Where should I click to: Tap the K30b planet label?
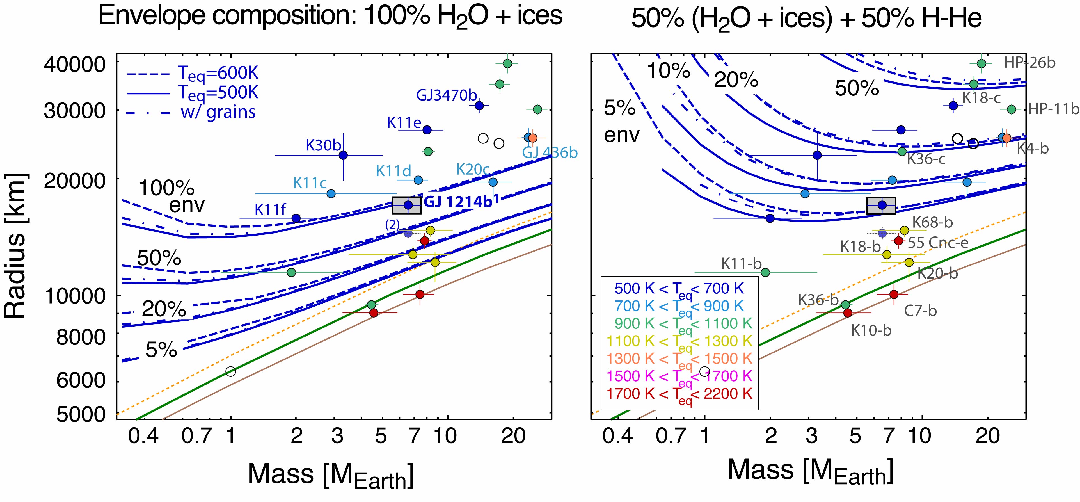(323, 145)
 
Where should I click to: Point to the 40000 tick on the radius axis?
(75, 64)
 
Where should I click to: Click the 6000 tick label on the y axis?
(81, 380)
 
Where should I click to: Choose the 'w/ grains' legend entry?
(218, 112)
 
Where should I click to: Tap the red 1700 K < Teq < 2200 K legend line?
(679, 394)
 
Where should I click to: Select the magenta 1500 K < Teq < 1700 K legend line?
(679, 376)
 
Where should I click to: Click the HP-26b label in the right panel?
(1030, 63)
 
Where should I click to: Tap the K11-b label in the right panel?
(741, 264)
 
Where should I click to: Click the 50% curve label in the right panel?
(857, 88)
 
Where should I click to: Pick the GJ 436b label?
(550, 153)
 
